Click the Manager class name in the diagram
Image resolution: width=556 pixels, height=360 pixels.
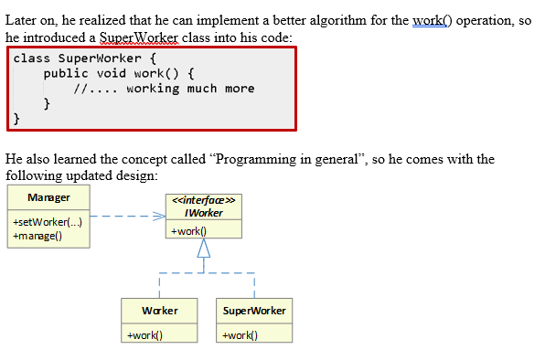click(x=48, y=197)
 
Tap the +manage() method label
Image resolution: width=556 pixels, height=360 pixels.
click(x=37, y=236)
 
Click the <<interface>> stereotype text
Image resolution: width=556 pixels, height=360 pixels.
click(x=204, y=201)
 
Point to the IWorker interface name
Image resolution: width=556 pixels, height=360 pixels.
click(x=204, y=213)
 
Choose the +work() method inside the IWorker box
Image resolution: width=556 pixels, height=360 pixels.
click(x=187, y=231)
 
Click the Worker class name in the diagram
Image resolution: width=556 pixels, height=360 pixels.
click(x=160, y=311)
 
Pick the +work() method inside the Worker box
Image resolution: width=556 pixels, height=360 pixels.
click(x=146, y=334)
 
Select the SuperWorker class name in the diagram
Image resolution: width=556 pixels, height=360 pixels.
click(x=254, y=311)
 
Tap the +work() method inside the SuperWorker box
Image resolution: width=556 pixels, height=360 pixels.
click(x=240, y=334)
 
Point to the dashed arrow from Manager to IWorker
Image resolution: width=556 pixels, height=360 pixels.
click(x=128, y=217)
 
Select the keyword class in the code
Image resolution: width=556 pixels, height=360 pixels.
click(x=31, y=58)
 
